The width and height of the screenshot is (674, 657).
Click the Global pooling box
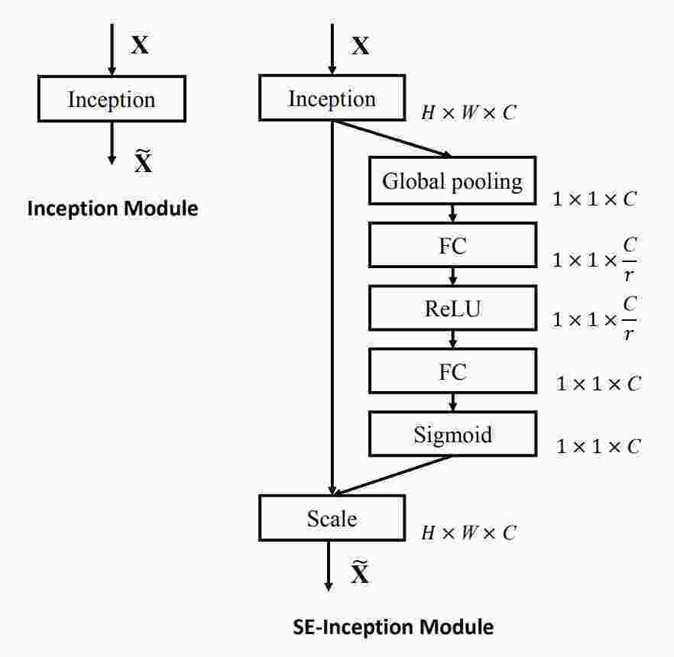[x=452, y=182]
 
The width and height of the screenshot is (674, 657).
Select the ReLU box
[x=452, y=309]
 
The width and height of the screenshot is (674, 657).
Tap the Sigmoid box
[x=452, y=435]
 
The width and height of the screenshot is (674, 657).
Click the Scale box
[x=332, y=519]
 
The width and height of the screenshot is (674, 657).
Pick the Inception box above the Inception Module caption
[x=112, y=100]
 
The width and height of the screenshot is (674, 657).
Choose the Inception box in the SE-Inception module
[x=332, y=99]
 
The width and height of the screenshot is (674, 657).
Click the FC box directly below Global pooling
[x=452, y=246]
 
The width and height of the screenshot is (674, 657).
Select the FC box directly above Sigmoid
[x=452, y=372]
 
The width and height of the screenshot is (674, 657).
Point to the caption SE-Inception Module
[x=394, y=628]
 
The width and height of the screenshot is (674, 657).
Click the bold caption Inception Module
[x=112, y=208]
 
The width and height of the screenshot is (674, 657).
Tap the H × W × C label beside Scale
[x=468, y=533]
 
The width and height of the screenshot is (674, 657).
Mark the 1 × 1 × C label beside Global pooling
[x=595, y=199]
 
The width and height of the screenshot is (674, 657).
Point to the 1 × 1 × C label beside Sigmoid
[x=598, y=447]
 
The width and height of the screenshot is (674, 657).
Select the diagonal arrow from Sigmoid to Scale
[x=394, y=475]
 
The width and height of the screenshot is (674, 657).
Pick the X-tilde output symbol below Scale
[x=359, y=572]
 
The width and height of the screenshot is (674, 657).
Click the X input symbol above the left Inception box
[x=140, y=45]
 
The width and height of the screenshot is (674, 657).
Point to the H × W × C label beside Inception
[x=468, y=113]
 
